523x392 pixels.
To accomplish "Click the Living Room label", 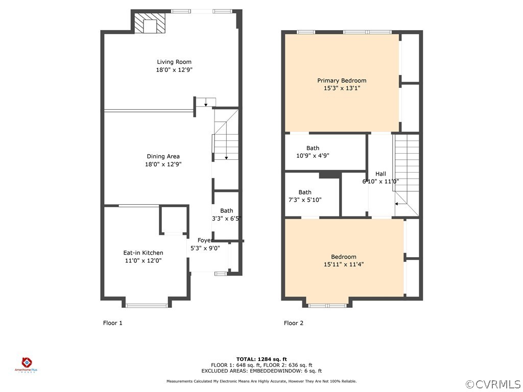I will (174, 62).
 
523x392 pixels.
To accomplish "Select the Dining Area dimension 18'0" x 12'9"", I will (163, 164).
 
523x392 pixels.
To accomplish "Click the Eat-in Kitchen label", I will (143, 253).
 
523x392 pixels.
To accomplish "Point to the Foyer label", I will (205, 240).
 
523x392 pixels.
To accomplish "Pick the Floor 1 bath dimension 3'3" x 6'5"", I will (226, 218).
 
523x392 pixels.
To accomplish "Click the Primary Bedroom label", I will (342, 81).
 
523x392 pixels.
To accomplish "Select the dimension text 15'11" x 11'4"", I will (344, 264).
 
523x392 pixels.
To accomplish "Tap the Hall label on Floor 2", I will (381, 174).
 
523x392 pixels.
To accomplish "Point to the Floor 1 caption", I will (113, 323).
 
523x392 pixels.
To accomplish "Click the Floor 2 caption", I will (294, 323).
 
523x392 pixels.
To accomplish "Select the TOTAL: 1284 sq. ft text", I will (261, 359).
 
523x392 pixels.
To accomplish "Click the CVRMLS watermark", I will (493, 384).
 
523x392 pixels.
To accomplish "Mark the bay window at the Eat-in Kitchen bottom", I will (147, 305).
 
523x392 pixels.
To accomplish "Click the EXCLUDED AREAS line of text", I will (261, 371).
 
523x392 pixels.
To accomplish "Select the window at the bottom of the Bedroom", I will (327, 305).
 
